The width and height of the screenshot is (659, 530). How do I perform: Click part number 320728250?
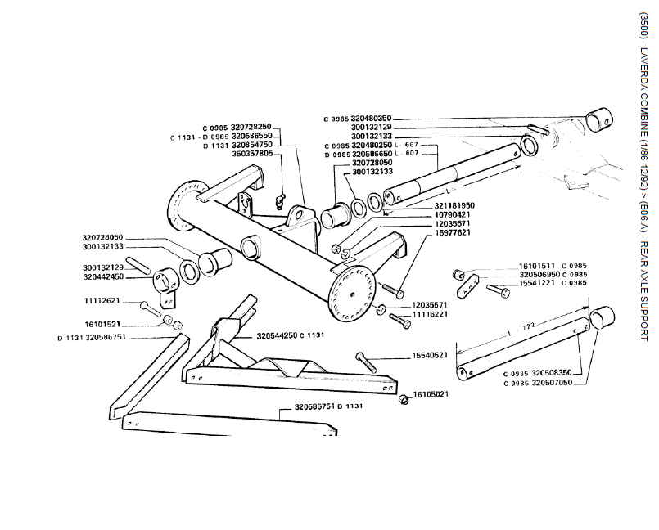[x=251, y=127]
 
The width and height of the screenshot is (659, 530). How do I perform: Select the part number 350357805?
[x=252, y=153]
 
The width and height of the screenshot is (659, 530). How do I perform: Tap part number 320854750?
[x=251, y=144]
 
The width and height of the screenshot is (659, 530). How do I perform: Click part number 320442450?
[x=102, y=276]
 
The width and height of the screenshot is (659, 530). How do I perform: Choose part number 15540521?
[x=429, y=356]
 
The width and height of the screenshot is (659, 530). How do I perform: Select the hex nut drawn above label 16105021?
[x=404, y=399]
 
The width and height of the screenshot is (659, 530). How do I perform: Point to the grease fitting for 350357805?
[x=278, y=200]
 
